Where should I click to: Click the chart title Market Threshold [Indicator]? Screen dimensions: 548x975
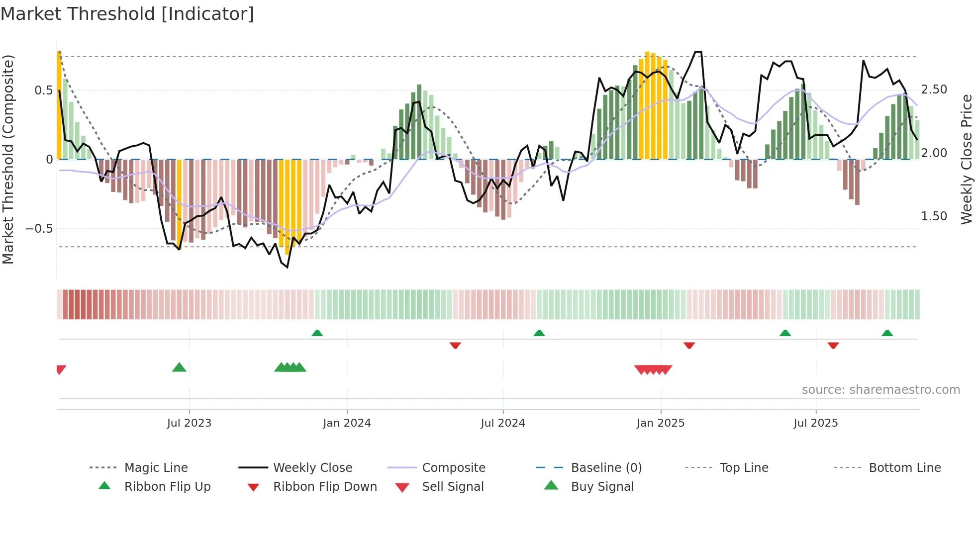[127, 14]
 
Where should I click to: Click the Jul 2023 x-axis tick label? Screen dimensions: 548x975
[189, 423]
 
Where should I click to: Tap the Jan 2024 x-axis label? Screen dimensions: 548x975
[347, 423]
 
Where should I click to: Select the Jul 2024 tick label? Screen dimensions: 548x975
[502, 423]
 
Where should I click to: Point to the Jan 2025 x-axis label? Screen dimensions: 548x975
[660, 423]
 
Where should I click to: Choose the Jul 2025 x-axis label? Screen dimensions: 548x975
[815, 423]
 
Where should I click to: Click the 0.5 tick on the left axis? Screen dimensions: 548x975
[43, 91]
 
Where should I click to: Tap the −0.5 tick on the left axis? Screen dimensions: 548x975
[39, 229]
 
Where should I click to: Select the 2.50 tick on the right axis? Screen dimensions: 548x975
[934, 90]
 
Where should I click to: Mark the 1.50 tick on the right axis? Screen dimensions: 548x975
[934, 216]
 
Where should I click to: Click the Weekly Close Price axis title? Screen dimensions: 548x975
[966, 159]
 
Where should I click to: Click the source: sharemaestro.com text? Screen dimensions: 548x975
[880, 390]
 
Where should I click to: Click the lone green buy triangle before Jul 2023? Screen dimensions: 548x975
[179, 367]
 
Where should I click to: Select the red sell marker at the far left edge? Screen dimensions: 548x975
[61, 369]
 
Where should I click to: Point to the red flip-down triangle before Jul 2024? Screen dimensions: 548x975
[455, 345]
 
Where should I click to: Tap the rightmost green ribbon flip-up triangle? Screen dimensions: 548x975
[887, 333]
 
